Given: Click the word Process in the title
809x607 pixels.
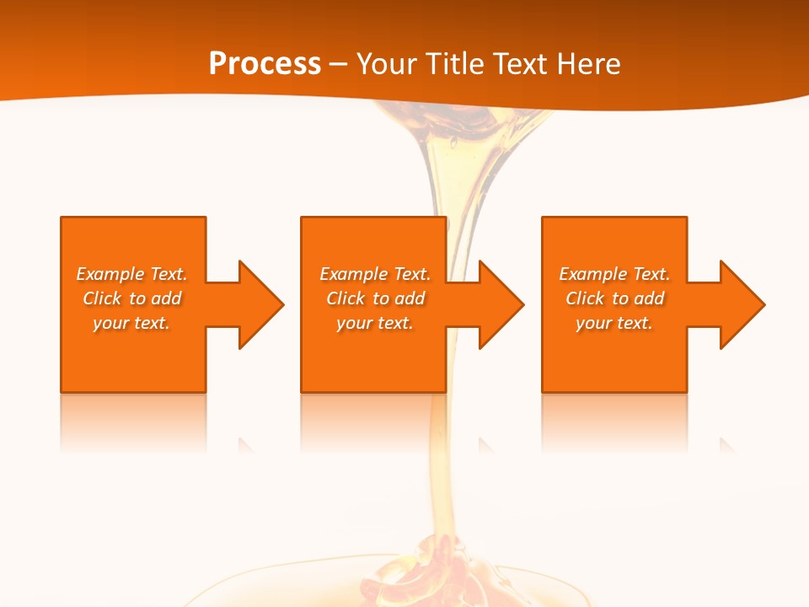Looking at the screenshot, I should click(265, 64).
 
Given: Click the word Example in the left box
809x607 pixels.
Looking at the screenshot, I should click(110, 274).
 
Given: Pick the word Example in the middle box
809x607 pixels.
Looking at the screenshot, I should click(353, 274).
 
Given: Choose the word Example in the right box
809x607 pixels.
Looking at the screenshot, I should click(592, 274).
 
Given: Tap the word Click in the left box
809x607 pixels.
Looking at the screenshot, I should click(103, 298).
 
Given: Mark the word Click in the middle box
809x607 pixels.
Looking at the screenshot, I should click(346, 298).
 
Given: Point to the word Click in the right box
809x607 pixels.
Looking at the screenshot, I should click(586, 298).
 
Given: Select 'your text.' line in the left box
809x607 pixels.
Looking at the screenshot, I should click(131, 323).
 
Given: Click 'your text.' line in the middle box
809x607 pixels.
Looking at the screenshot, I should click(374, 323).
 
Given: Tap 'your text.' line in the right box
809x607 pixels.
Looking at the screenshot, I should click(613, 323).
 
